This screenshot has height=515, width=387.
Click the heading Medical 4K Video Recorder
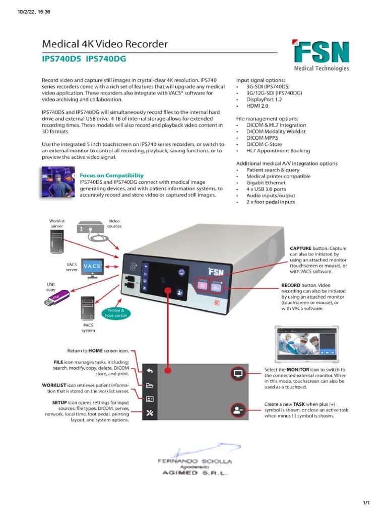[x=104, y=45]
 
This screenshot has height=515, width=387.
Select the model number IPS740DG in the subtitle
[x=106, y=59]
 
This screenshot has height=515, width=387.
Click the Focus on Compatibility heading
[x=111, y=176]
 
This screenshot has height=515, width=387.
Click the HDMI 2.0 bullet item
[x=259, y=106]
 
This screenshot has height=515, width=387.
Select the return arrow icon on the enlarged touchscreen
[x=150, y=371]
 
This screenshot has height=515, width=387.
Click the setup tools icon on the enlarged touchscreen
[x=150, y=413]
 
